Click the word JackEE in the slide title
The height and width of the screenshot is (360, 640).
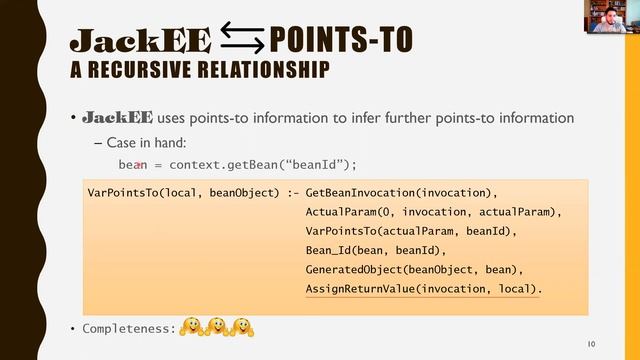140,41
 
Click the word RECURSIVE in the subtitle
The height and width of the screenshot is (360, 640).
153,71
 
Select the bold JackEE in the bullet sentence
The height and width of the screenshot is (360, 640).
116,118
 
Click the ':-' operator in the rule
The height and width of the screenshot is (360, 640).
292,192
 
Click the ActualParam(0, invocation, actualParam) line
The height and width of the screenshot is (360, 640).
433,212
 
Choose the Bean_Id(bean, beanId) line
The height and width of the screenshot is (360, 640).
379,250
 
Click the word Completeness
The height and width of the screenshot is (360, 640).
128,327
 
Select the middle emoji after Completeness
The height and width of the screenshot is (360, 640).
215,326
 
